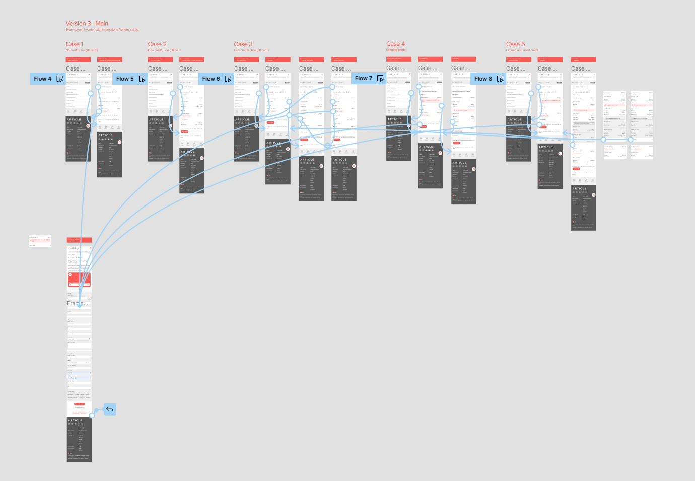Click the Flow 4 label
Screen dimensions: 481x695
click(43, 79)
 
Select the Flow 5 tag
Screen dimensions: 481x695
click(125, 79)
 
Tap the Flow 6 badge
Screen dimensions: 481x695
click(211, 79)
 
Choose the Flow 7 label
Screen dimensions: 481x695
click(364, 78)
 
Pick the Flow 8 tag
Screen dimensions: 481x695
click(483, 79)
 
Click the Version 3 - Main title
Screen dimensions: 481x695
click(87, 24)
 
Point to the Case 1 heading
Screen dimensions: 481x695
click(75, 44)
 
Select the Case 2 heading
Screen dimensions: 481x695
click(157, 44)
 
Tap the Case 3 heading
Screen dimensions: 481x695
click(243, 44)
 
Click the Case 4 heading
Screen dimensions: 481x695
click(395, 44)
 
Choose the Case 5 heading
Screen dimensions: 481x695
click(515, 44)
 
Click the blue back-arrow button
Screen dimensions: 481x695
click(110, 409)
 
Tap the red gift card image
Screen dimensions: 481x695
click(80, 280)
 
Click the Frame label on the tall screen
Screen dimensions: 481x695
click(75, 303)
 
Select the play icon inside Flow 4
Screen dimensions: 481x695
click(60, 79)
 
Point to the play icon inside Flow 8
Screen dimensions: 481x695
click(500, 79)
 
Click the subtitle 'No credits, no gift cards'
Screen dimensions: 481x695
click(82, 50)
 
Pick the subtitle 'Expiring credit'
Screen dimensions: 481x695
click(396, 50)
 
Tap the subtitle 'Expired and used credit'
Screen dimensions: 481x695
click(522, 50)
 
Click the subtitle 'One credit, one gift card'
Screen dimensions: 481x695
click(164, 50)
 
